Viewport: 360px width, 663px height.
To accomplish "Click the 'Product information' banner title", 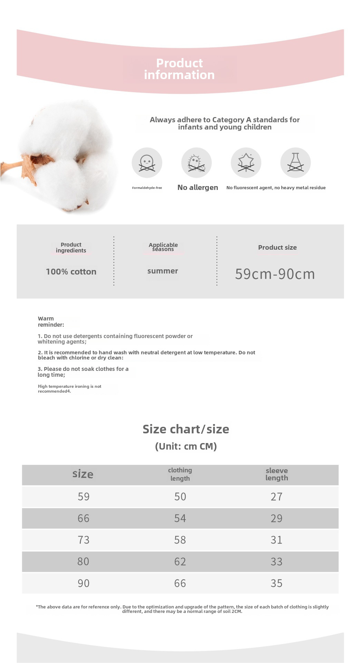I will (x=179, y=69).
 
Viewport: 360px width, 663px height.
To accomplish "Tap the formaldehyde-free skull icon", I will (x=147, y=163).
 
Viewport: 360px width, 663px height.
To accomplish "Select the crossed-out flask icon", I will (x=295, y=163).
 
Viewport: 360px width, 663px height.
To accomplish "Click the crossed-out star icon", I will (x=246, y=163).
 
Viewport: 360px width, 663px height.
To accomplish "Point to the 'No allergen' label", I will (x=197, y=188).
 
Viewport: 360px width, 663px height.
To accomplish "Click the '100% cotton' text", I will (x=71, y=272).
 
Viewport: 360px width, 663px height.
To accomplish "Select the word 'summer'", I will (x=163, y=271).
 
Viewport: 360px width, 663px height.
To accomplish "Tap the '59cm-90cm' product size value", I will (x=275, y=274).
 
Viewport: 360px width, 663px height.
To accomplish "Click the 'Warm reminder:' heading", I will (x=51, y=321).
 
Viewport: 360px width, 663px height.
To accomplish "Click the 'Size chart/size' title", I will (x=186, y=429).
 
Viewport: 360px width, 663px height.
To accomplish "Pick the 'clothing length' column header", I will (x=180, y=474).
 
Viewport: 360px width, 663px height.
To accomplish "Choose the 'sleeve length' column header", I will (x=276, y=474).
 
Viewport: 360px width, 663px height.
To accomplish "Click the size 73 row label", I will (x=84, y=540).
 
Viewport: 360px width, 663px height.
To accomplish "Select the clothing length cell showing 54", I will (x=180, y=518).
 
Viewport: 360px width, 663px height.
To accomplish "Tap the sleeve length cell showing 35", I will (x=276, y=583).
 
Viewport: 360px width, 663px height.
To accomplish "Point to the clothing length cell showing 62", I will (x=180, y=561).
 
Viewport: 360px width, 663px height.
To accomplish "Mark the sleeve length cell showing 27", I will (x=276, y=497).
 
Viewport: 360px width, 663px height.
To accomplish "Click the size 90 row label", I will (x=84, y=583).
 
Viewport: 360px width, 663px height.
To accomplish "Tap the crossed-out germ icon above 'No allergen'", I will (x=196, y=163).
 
